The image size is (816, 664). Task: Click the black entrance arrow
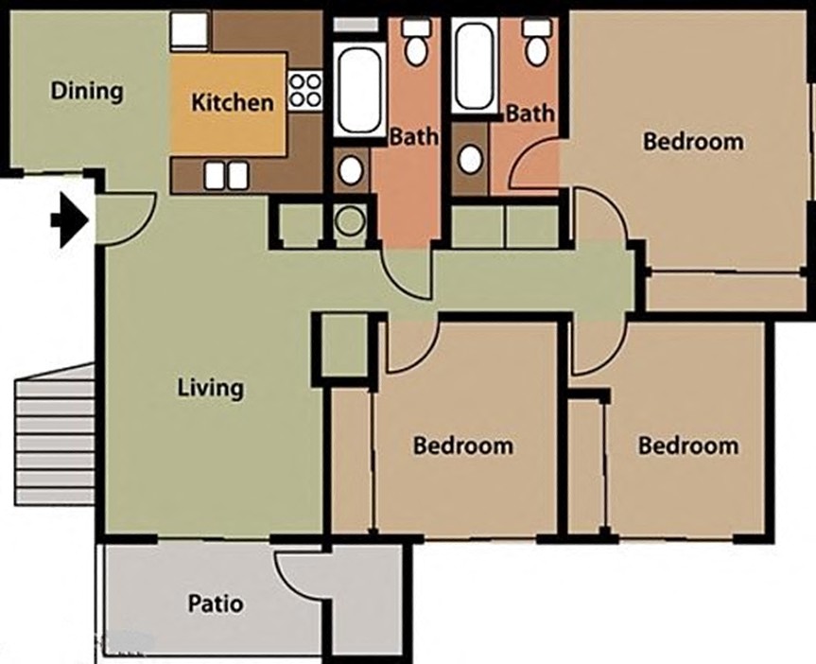point(70,220)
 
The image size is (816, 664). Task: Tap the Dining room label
point(87,92)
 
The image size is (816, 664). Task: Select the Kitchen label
point(233,102)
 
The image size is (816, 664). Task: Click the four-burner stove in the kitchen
point(304,91)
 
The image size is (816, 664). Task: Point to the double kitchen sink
point(227,174)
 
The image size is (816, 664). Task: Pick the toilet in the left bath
point(415,44)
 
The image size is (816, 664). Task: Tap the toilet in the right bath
point(537,44)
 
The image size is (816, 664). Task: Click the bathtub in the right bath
point(473,66)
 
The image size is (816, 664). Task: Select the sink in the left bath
point(351,170)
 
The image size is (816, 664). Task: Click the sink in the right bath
point(470,159)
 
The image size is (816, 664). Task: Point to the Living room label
point(211,388)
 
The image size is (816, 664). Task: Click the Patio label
point(215,603)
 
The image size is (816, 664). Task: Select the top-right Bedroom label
point(693,142)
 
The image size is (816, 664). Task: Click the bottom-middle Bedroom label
point(463,446)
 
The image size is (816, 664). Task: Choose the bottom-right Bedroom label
point(687,446)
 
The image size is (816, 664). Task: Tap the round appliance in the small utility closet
point(351,223)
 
